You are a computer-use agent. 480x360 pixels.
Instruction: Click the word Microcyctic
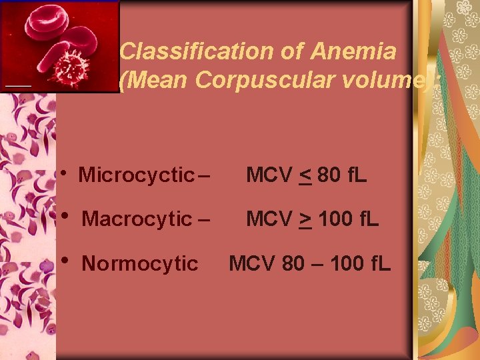point(136,175)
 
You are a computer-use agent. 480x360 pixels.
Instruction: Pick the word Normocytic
point(139,264)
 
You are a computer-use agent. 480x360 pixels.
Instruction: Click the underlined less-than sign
point(305,177)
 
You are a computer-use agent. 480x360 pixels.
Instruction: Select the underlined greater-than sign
point(305,219)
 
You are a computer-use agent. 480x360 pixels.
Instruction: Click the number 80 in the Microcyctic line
point(329,175)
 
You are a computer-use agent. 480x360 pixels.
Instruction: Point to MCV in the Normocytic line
point(251,264)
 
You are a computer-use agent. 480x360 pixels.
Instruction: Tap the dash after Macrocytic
point(203,219)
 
